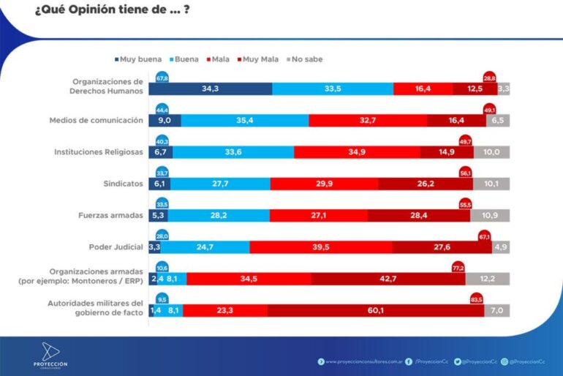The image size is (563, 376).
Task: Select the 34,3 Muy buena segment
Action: (211, 89)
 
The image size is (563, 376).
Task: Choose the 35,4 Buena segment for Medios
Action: (244, 121)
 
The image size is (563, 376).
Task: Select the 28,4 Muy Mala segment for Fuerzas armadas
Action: (419, 216)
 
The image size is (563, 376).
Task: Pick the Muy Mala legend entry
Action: (260, 59)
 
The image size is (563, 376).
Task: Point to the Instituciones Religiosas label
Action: (99, 152)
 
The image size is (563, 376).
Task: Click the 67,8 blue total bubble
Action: (163, 76)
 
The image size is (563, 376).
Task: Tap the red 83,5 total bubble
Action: (475, 298)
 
